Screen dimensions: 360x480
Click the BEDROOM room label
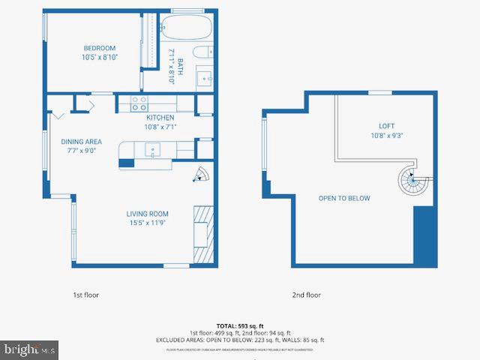pyautogui.click(x=100, y=48)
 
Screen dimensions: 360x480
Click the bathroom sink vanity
pyautogui.click(x=205, y=77)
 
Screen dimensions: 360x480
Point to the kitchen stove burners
pyautogui.click(x=139, y=103)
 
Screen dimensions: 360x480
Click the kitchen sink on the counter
pyautogui.click(x=154, y=150)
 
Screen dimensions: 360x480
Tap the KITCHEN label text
pyautogui.click(x=160, y=118)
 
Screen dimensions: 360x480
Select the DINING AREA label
pyautogui.click(x=82, y=142)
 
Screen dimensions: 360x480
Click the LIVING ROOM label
pyautogui.click(x=147, y=214)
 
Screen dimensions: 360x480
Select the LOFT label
pyautogui.click(x=386, y=126)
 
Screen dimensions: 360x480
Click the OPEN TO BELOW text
pyautogui.click(x=344, y=198)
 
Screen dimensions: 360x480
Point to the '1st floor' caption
pyautogui.click(x=85, y=295)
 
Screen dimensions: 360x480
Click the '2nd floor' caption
pyautogui.click(x=306, y=295)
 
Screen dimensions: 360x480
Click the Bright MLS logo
pyautogui.click(x=30, y=349)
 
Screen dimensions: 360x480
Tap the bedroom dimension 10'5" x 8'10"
pyautogui.click(x=100, y=57)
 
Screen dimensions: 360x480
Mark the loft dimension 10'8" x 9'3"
pyautogui.click(x=386, y=136)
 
